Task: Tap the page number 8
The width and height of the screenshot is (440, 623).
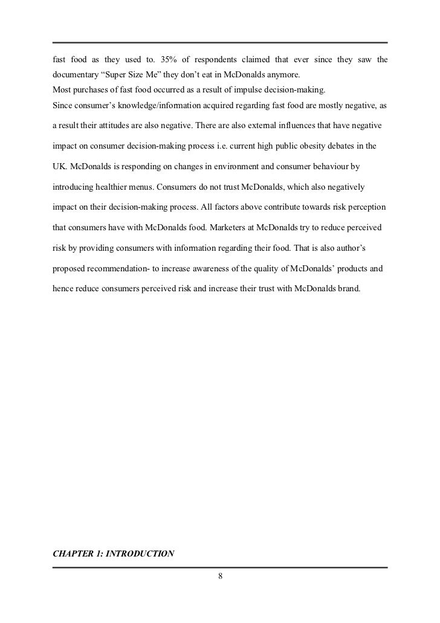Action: coord(220,576)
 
